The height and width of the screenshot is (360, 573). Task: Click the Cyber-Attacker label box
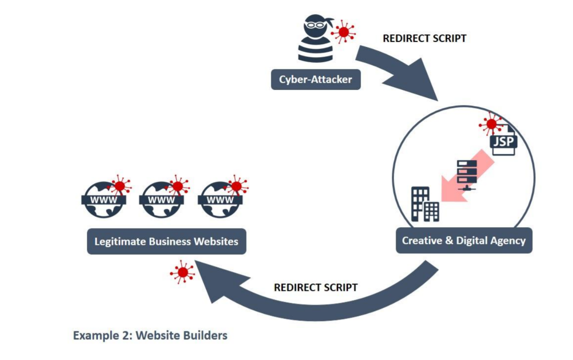point(315,79)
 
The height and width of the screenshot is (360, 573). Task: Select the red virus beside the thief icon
point(343,32)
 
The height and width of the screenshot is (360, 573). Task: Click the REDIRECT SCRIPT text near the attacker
point(424,38)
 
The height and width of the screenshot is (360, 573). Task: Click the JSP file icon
point(504,140)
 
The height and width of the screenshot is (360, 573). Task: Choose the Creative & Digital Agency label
point(464,241)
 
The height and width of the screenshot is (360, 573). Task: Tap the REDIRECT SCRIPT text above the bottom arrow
point(316,287)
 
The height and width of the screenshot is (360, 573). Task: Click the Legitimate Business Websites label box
point(166,241)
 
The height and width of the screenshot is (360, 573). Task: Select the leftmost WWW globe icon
point(104,200)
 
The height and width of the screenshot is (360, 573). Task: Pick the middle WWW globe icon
point(161,200)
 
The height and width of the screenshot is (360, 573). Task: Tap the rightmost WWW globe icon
point(220,200)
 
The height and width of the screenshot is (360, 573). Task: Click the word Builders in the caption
point(205,335)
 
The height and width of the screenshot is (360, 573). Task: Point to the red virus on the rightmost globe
point(236,185)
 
